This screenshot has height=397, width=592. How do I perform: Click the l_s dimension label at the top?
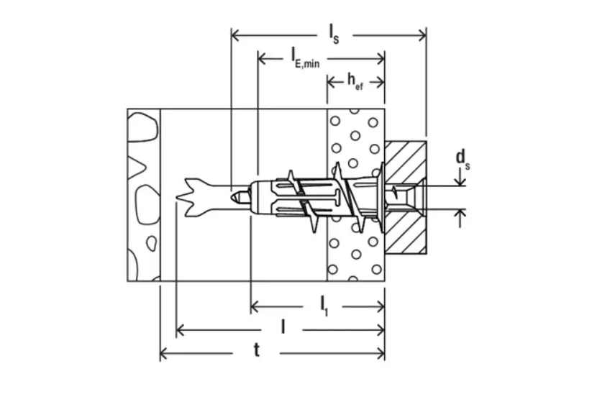[x=332, y=33]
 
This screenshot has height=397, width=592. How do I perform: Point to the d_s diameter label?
[x=463, y=159]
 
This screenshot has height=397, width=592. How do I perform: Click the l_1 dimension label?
[x=325, y=306]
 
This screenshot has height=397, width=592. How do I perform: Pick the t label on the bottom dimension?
[x=257, y=351]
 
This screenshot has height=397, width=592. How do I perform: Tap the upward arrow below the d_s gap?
[x=462, y=214]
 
